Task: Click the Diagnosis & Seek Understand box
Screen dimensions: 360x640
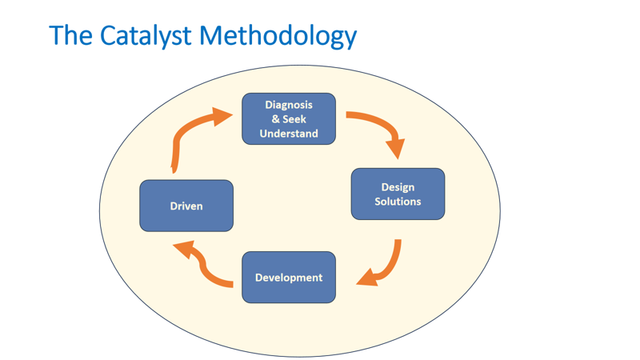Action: pyautogui.click(x=289, y=119)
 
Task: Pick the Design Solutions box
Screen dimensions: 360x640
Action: pyautogui.click(x=398, y=194)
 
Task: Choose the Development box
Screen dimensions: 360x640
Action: pyautogui.click(x=289, y=278)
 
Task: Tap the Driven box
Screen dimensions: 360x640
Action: pyautogui.click(x=186, y=206)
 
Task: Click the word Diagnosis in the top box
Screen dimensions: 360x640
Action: pyautogui.click(x=289, y=105)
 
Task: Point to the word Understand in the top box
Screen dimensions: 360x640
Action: pyautogui.click(x=289, y=134)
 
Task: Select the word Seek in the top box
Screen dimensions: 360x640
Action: pyautogui.click(x=294, y=119)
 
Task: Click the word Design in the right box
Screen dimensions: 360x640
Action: pyautogui.click(x=398, y=187)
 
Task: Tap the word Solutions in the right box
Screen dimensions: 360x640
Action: pyautogui.click(x=398, y=202)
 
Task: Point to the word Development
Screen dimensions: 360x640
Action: pyautogui.click(x=289, y=278)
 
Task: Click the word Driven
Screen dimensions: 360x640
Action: pyautogui.click(x=186, y=206)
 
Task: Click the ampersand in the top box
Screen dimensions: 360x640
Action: pyautogui.click(x=275, y=119)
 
